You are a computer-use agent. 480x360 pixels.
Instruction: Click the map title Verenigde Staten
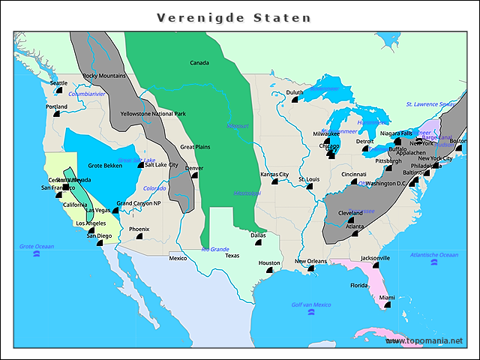pos(233,16)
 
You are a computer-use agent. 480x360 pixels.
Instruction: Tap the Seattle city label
pos(58,83)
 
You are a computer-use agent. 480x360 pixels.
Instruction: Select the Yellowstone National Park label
pos(153,114)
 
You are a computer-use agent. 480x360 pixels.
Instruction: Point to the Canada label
pos(199,63)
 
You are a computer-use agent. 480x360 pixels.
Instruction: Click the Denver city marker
pos(195,175)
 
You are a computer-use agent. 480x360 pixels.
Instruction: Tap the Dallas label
pos(258,235)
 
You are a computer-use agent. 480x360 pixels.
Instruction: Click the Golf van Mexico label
pos(310,304)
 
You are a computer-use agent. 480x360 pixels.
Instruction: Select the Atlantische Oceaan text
pos(433,255)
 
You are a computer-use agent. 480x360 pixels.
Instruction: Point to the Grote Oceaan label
pos(37,246)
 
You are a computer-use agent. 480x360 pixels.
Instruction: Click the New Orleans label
pos(310,261)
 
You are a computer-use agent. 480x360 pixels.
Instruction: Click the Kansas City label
pos(274,174)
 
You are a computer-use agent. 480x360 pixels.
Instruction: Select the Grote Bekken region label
pos(105,165)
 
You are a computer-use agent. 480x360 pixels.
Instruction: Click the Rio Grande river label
pos(215,249)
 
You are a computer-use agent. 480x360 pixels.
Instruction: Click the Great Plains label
pos(196,147)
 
